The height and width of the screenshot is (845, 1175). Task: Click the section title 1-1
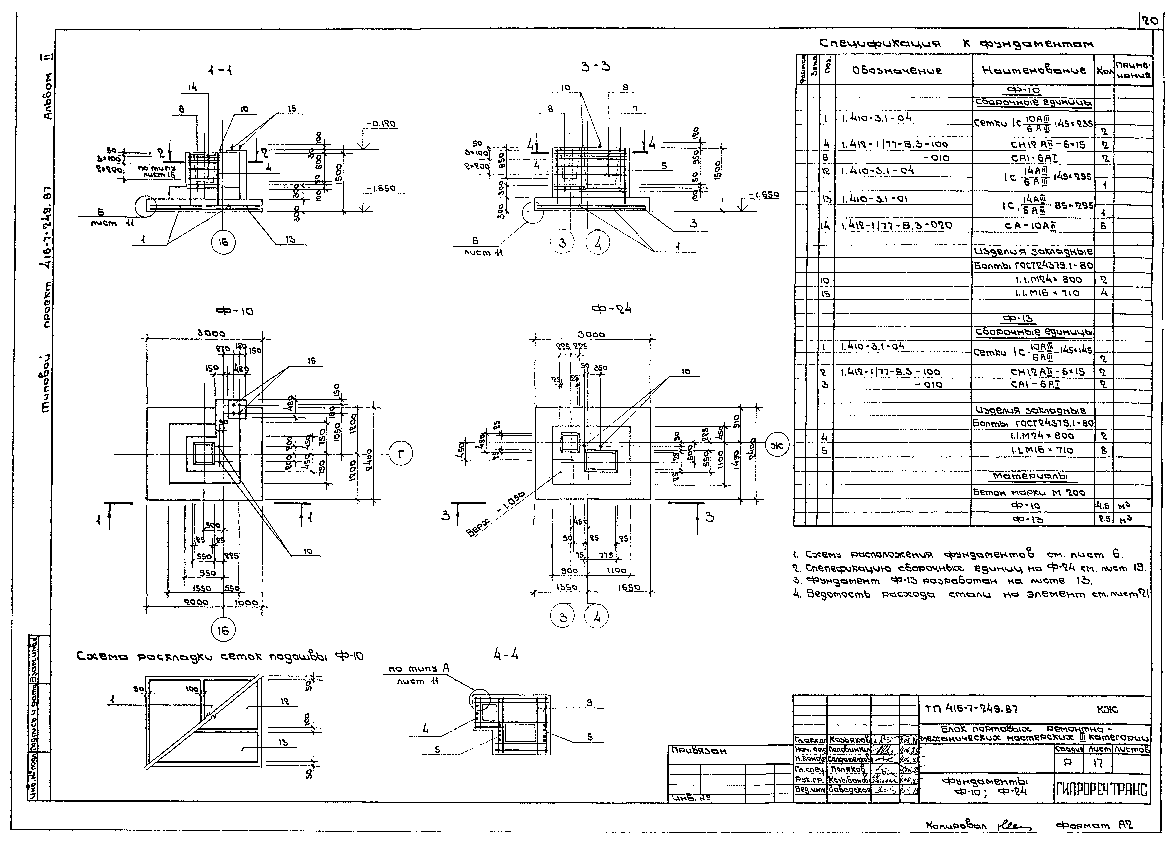tap(220, 71)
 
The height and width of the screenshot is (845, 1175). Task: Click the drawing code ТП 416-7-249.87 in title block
tap(971, 709)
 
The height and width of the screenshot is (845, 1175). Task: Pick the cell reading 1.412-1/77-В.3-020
tap(896, 226)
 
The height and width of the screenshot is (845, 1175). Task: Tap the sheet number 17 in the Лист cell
tap(1097, 763)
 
